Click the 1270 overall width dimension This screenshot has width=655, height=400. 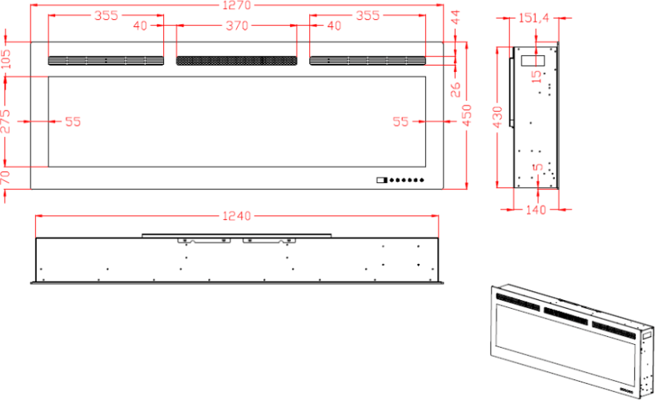[237, 5]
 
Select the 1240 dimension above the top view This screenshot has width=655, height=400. [237, 216]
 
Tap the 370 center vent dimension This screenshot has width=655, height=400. [237, 26]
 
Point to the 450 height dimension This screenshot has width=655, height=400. [467, 115]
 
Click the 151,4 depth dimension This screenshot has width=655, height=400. [534, 18]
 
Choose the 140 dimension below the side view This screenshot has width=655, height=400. [536, 209]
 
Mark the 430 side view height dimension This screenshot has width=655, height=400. [497, 118]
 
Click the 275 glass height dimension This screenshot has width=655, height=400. [6, 121]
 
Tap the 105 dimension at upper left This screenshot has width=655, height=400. [6, 59]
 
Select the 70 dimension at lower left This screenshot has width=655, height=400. [6, 178]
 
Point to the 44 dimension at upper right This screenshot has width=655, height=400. [456, 17]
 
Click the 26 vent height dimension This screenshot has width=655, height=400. [456, 90]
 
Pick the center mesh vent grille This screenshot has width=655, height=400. [236, 61]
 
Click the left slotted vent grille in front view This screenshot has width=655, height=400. [106, 61]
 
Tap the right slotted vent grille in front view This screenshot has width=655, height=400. [368, 61]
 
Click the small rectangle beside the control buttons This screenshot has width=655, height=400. [382, 180]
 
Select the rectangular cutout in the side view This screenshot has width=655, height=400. [533, 61]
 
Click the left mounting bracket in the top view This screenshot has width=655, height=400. [204, 241]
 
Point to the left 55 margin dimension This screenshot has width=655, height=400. [73, 122]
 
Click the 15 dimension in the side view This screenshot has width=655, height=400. [536, 77]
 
